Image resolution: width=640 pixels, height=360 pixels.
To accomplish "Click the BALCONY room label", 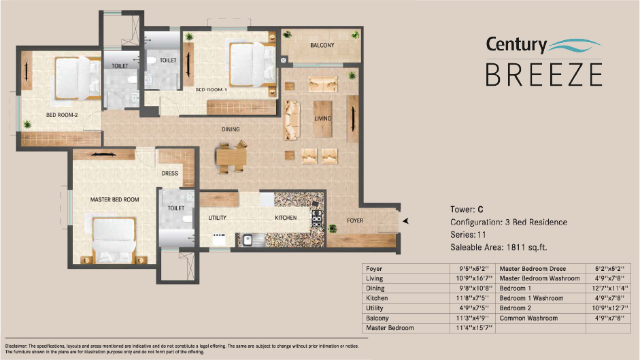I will point(322,46).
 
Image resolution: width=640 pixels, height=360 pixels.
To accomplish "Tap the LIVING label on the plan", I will point(322,118).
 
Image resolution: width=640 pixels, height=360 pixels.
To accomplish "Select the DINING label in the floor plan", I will point(231,129).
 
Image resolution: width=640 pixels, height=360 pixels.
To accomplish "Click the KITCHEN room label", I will point(285,218).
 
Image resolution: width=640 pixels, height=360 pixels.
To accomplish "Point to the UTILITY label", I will point(217,218).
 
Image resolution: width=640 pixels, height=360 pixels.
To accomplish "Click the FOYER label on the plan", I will point(355,220).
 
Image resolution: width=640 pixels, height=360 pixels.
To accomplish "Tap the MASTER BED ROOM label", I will point(114,199).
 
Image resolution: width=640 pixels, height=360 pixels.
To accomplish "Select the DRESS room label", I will point(169,174).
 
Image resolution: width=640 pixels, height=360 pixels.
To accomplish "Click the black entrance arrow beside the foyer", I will point(406,221).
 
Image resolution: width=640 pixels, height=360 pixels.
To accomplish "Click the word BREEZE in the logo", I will point(543,73).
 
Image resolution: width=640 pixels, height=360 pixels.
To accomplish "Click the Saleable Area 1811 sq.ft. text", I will point(499,246).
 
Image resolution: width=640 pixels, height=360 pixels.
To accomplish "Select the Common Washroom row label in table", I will point(526,318).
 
